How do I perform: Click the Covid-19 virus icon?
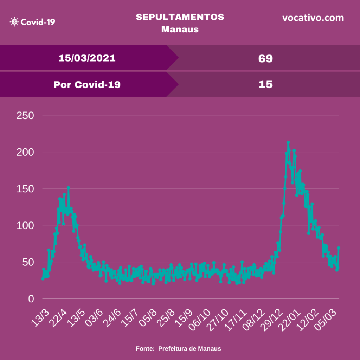(14, 22)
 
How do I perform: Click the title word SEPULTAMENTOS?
(180, 17)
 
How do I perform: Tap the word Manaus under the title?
(180, 29)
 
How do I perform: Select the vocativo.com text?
(313, 18)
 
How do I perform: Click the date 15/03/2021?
(87, 58)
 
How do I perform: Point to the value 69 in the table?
(265, 58)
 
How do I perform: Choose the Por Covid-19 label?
(87, 84)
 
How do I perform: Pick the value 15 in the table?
(265, 84)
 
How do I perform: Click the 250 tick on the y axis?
(25, 115)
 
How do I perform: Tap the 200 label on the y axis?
(25, 152)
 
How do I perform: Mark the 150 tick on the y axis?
(25, 189)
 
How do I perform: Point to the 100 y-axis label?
(25, 225)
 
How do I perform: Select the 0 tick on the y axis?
(31, 298)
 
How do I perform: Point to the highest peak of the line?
(288, 142)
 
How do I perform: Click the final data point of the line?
(339, 248)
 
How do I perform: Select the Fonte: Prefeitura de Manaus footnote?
(179, 349)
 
